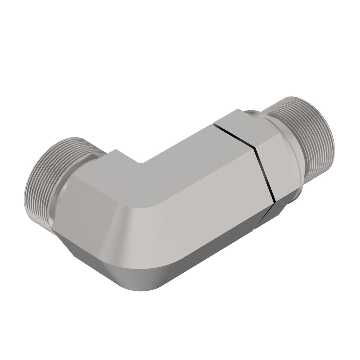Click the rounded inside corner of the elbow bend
click(141, 163)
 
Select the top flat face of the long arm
click(180, 156)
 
